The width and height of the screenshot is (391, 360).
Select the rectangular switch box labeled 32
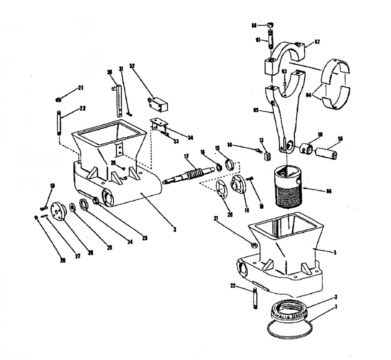coord(158,104)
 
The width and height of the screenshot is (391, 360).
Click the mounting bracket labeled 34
coord(159,125)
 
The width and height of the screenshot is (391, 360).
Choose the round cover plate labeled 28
coord(59,210)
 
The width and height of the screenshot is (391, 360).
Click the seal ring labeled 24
coord(84,204)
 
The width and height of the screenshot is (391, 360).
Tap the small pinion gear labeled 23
coord(97,201)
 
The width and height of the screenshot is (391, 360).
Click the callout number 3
coord(174,230)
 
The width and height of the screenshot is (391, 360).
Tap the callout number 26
coord(63,260)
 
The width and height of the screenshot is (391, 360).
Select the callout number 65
coord(256,111)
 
